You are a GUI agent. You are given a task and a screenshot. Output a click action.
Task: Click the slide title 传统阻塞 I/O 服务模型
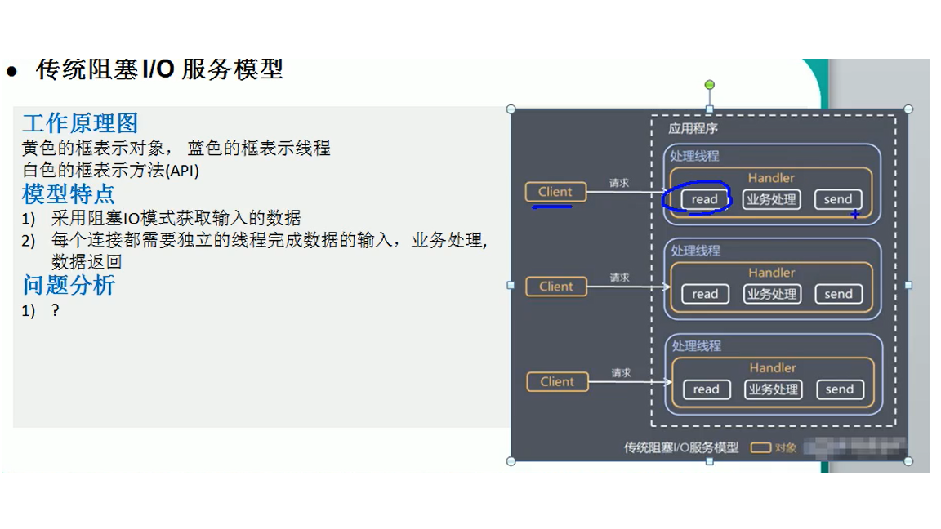pyautogui.click(x=159, y=69)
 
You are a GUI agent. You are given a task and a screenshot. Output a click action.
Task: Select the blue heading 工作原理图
pyautogui.click(x=80, y=123)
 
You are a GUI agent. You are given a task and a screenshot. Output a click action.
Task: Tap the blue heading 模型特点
pyautogui.click(x=69, y=194)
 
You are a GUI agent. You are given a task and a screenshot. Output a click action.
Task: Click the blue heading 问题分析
pyautogui.click(x=69, y=285)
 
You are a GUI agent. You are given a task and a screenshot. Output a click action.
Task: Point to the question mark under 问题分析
pyautogui.click(x=56, y=310)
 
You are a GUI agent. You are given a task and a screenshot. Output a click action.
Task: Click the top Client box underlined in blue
pyautogui.click(x=555, y=192)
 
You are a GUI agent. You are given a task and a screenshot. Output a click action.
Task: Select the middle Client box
pyautogui.click(x=556, y=287)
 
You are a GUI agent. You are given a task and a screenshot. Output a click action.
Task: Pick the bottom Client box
pyautogui.click(x=557, y=381)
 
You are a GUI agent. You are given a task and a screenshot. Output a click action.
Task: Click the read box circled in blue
pyautogui.click(x=704, y=199)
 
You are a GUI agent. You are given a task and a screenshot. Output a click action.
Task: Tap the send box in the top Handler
pyautogui.click(x=838, y=199)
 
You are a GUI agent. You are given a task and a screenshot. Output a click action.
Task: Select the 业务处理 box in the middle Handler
pyautogui.click(x=771, y=294)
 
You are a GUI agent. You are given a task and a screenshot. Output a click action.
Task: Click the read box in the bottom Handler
pyautogui.click(x=706, y=389)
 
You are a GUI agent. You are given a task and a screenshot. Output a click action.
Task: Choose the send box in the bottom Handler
pyautogui.click(x=839, y=389)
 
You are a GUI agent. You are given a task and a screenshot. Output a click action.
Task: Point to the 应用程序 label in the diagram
pyautogui.click(x=693, y=128)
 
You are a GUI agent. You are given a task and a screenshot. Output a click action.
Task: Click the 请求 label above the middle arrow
pyautogui.click(x=620, y=278)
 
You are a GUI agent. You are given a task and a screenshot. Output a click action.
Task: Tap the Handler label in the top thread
pyautogui.click(x=771, y=178)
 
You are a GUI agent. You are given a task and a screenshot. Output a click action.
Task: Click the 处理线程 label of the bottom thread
pyautogui.click(x=696, y=345)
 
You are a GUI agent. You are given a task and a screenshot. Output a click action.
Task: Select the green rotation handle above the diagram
pyautogui.click(x=709, y=85)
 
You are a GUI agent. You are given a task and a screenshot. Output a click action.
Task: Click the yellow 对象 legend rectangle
pyautogui.click(x=760, y=447)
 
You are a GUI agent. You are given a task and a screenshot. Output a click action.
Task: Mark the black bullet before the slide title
pyautogui.click(x=11, y=72)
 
